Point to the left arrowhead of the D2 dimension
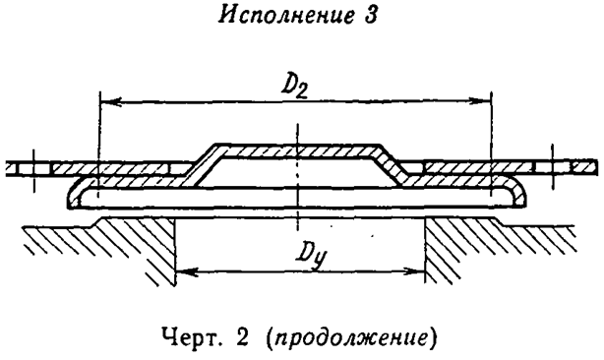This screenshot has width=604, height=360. (x=107, y=100)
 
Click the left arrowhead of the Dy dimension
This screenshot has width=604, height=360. (x=183, y=269)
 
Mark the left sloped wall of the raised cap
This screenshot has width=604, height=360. (x=202, y=161)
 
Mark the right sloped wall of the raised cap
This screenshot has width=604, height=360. (x=390, y=161)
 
